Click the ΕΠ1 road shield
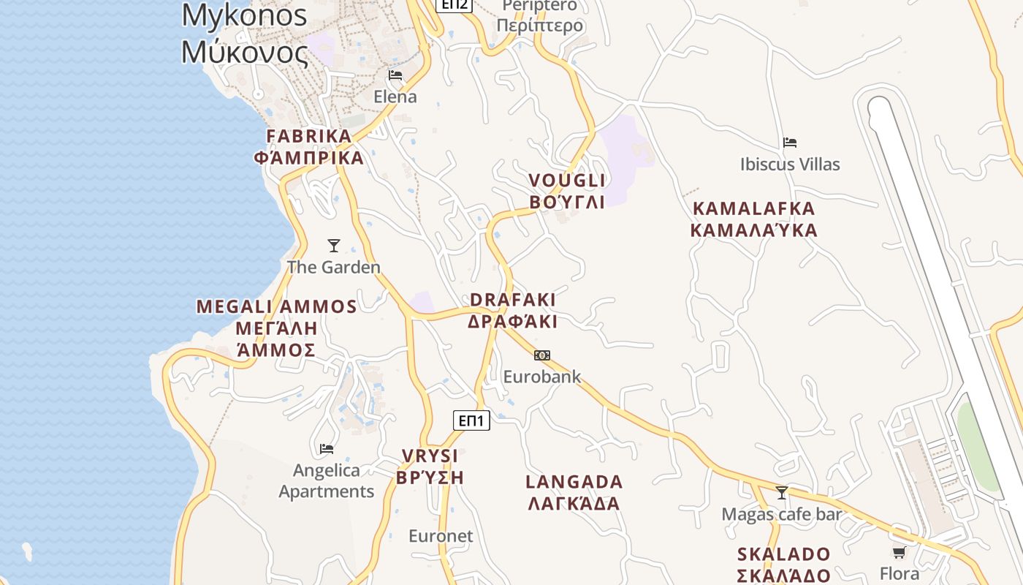pos(471,420)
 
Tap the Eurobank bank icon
pos(541,355)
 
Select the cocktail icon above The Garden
pos(334,246)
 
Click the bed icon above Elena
pos(395,75)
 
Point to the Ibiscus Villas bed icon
pos(789,143)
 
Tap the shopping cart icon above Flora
pos(899,552)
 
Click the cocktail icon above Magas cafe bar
pos(782,493)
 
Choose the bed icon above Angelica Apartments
pos(327,448)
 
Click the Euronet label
pos(441,536)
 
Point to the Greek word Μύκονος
pos(245,52)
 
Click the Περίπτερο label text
pos(540,26)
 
